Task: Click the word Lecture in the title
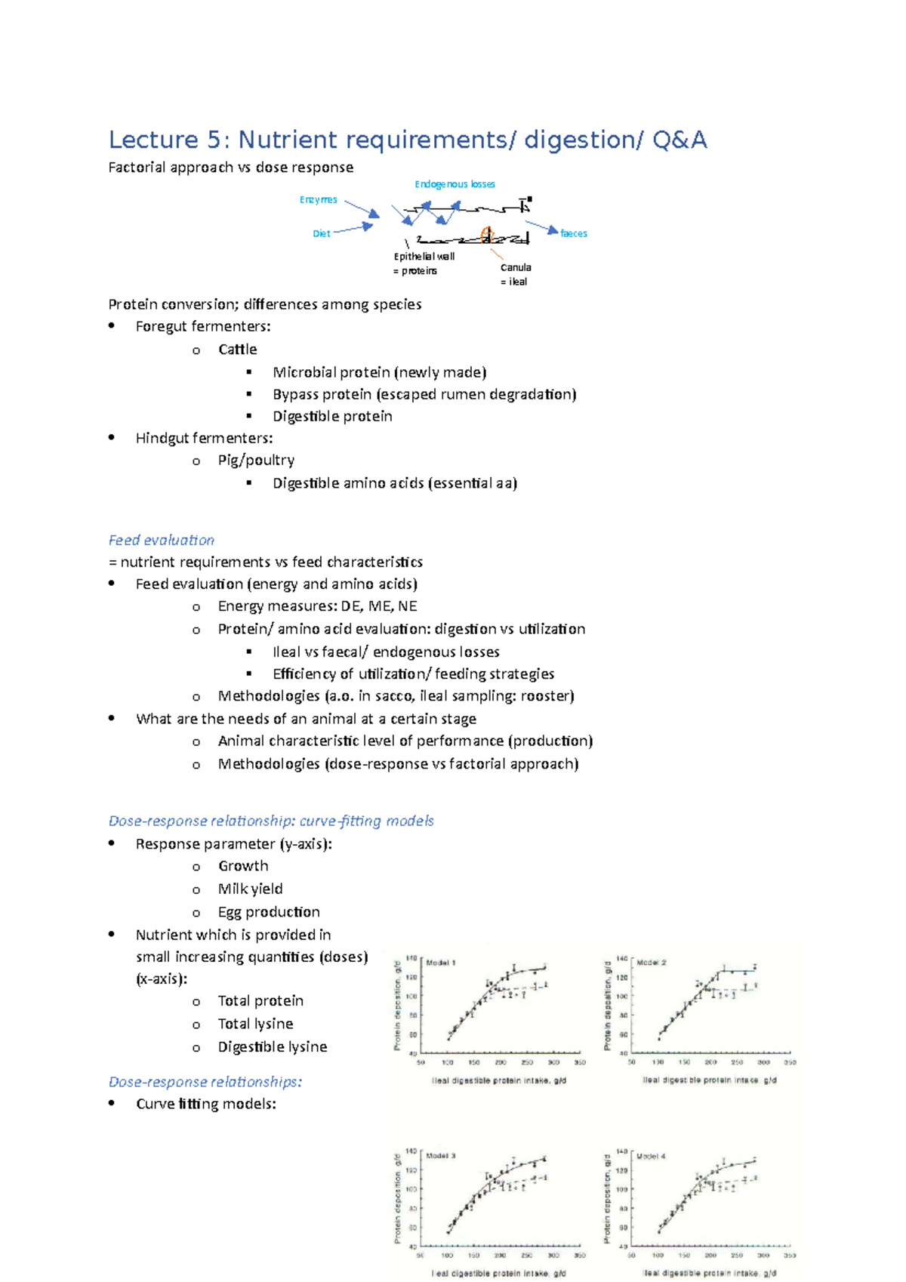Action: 153,140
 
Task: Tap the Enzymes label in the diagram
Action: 318,200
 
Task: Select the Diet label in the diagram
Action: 321,234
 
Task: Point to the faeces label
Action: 573,234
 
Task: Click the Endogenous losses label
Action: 455,184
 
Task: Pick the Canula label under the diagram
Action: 516,268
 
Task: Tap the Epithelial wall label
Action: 424,257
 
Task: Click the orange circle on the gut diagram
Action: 487,235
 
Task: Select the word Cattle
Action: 237,350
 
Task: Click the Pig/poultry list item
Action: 256,461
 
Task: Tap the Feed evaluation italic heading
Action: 161,541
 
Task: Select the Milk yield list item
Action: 250,889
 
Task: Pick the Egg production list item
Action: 269,912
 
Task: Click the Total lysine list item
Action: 255,1024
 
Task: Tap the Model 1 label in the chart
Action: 441,963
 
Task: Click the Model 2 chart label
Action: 652,963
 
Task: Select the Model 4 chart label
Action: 651,1157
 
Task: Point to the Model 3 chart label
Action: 441,1157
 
